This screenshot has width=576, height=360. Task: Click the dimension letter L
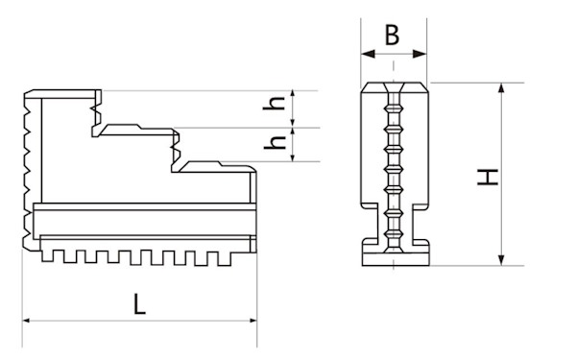click(x=139, y=304)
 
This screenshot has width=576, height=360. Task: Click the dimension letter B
click(x=392, y=36)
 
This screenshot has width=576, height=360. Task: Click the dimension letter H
click(x=487, y=178)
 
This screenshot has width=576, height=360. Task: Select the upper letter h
click(x=275, y=103)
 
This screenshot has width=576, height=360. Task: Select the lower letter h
click(x=276, y=142)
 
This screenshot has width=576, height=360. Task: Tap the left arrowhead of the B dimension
click(x=368, y=54)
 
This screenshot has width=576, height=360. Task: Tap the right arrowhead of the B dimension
click(x=420, y=54)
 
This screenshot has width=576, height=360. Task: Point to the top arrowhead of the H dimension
click(x=502, y=88)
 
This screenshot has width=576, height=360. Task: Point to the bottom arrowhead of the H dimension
click(x=502, y=260)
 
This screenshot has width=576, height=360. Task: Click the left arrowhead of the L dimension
click(x=26, y=321)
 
